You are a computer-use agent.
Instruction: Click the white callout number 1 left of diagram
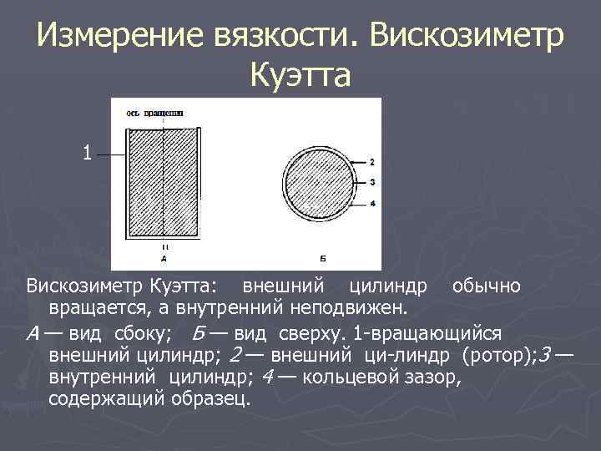tap(87, 153)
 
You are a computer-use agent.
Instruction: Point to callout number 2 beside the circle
tap(371, 161)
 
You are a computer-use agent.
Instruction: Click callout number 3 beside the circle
tap(371, 181)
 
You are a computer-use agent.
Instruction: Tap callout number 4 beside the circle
tap(371, 202)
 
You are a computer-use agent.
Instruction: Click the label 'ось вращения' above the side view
tap(155, 111)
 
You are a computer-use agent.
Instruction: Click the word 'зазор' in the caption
tap(432, 377)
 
